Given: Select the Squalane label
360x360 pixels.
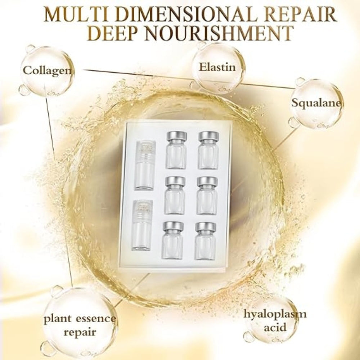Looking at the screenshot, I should click(x=316, y=103).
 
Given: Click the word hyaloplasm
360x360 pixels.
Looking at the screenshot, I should click(x=275, y=314).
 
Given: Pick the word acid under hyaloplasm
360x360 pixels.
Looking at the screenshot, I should click(x=275, y=327).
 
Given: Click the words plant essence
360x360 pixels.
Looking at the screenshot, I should click(x=80, y=319).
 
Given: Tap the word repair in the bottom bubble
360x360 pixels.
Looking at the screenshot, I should click(x=80, y=332).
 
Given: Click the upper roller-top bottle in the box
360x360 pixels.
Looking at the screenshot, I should click(x=145, y=165).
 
